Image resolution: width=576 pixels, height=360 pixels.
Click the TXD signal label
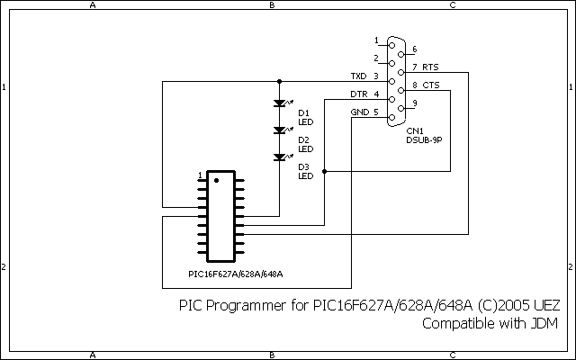(358, 76)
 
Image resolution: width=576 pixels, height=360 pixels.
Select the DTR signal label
(358, 94)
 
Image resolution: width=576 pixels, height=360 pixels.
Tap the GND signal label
(358, 112)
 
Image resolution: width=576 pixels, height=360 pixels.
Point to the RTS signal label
(431, 67)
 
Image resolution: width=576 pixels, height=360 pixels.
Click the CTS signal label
(431, 85)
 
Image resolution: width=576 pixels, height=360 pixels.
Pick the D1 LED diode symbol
(279, 104)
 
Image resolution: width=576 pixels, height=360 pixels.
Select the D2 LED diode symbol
(279, 131)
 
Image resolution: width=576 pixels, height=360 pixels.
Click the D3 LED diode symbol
(279, 158)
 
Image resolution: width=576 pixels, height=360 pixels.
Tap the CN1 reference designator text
(414, 131)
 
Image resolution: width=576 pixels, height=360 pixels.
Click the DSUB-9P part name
(422, 140)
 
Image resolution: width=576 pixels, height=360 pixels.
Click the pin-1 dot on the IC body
(217, 180)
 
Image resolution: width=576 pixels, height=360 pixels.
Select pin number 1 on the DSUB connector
(376, 40)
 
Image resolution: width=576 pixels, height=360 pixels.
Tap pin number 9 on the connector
(414, 103)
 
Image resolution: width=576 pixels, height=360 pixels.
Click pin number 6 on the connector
(414, 49)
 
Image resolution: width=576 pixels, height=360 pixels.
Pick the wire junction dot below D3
(324, 171)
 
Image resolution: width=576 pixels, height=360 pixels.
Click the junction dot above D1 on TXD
(279, 81)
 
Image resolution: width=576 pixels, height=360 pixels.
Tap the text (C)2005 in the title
(491, 306)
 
